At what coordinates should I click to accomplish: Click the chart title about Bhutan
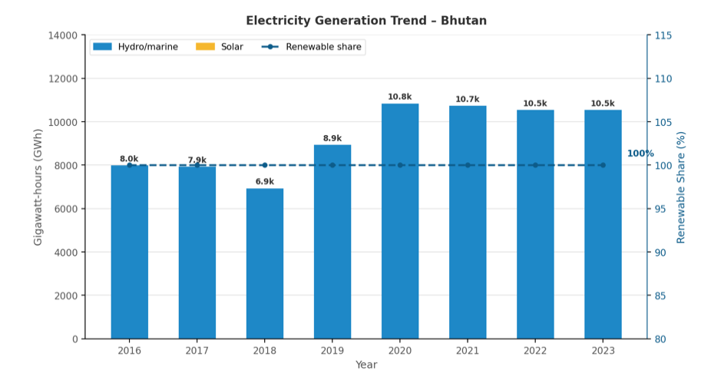(366, 21)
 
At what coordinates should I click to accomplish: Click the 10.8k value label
(400, 97)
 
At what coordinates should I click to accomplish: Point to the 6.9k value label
(265, 182)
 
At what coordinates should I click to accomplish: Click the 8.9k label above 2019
(332, 138)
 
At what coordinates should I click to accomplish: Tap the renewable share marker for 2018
(265, 165)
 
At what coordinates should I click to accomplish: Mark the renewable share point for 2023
(603, 165)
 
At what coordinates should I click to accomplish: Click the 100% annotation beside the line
(640, 154)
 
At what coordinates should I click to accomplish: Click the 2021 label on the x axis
(468, 350)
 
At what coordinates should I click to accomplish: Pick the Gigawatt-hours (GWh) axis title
(38, 187)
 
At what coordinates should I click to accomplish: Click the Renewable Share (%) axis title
(681, 187)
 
